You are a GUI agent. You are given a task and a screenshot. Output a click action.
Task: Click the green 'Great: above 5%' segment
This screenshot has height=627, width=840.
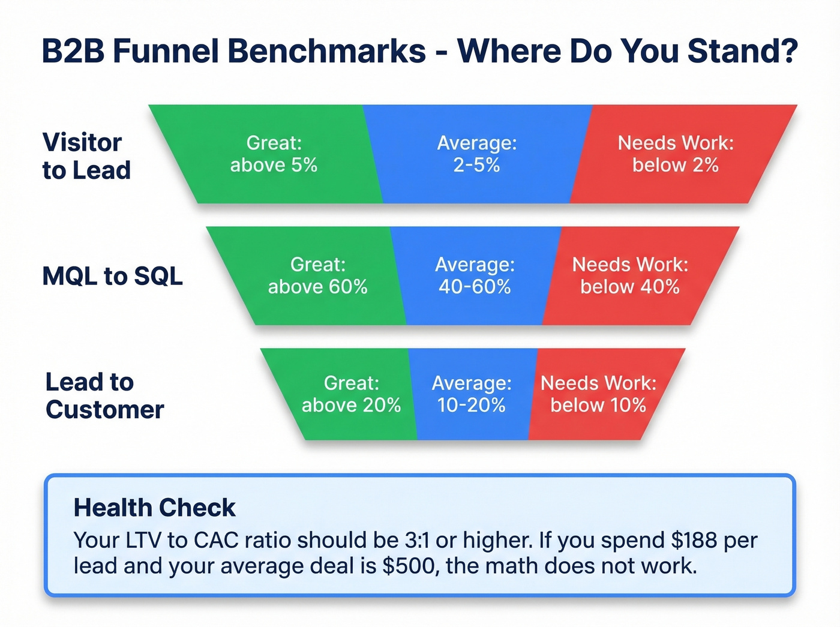274,154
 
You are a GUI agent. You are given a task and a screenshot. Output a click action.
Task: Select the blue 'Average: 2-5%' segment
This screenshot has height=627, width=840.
476,154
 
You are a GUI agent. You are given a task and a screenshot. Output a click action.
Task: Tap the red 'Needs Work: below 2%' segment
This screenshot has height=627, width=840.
676,154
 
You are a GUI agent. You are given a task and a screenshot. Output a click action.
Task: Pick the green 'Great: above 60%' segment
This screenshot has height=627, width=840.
317,276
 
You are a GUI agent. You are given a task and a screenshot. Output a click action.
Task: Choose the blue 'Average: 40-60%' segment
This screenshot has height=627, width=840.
475,276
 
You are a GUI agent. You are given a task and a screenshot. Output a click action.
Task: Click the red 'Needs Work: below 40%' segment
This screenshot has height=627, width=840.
630,276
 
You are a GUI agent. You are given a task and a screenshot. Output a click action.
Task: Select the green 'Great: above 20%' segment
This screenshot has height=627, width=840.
351,394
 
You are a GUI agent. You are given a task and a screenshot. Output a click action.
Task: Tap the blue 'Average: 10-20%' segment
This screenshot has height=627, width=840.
472,394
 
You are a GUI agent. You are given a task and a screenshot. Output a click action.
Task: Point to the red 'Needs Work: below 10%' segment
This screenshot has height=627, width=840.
598,394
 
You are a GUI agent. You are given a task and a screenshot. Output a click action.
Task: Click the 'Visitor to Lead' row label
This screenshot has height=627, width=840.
86,157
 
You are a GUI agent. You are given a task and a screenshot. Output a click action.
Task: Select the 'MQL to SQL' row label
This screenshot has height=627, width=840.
112,276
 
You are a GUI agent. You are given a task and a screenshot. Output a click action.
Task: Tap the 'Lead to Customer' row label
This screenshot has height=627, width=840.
104,396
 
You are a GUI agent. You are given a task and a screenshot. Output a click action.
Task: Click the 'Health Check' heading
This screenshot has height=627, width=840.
154,508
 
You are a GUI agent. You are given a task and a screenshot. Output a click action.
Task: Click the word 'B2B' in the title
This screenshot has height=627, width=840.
72,51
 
